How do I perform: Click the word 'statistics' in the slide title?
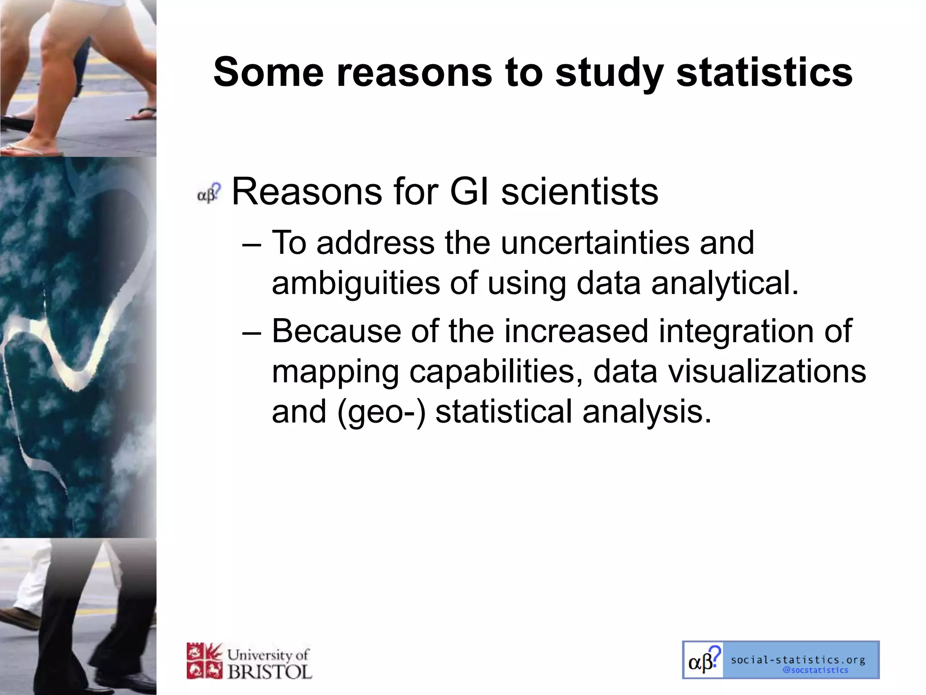coord(764,72)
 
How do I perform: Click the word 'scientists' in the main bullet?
coord(580,192)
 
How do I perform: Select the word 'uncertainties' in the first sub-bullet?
coord(595,243)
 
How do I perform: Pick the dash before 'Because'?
coord(251,332)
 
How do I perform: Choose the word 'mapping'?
coord(335,372)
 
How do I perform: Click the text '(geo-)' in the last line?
coord(381,412)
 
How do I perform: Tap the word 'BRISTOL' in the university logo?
coord(269,671)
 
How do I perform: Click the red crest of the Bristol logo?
coord(204,661)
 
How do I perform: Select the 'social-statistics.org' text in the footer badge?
coord(798,660)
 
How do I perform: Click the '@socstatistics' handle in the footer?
coord(815,670)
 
